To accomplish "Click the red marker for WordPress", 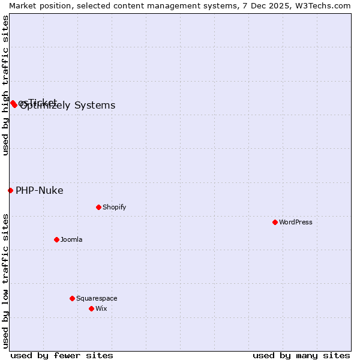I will (x=275, y=222).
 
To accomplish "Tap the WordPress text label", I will (x=296, y=222).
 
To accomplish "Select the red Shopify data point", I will (x=98, y=207).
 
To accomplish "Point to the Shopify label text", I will (x=114, y=207).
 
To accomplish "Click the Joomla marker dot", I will (x=56, y=239).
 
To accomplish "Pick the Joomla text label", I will (x=71, y=239).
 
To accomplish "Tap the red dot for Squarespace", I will (x=72, y=298).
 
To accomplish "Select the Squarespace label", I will (x=97, y=298).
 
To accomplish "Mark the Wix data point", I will (x=91, y=308).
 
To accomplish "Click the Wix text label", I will (x=101, y=308).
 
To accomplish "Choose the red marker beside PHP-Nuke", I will (x=10, y=190).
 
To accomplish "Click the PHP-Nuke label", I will (x=39, y=191).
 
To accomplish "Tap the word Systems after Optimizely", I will (x=95, y=106).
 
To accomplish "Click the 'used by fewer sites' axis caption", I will (x=62, y=355).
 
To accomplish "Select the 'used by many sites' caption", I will (x=301, y=355).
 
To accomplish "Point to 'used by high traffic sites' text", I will (x=5, y=85).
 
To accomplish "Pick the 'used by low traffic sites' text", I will (x=5, y=280).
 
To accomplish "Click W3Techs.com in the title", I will (x=324, y=5).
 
